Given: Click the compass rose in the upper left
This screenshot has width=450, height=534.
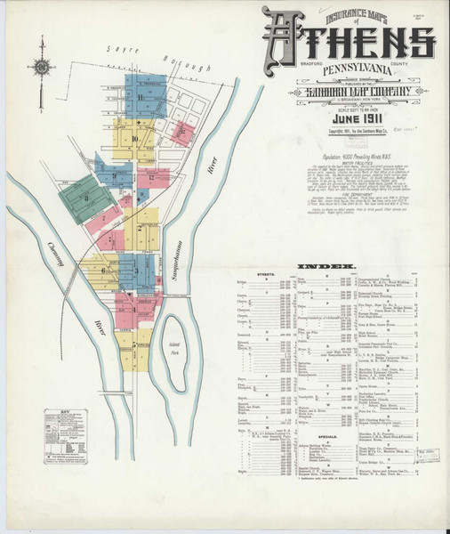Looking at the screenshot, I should click(41, 64).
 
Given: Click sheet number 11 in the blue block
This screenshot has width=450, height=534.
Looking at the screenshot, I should click(141, 96).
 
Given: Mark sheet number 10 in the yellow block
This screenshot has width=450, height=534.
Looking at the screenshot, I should click(134, 139).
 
